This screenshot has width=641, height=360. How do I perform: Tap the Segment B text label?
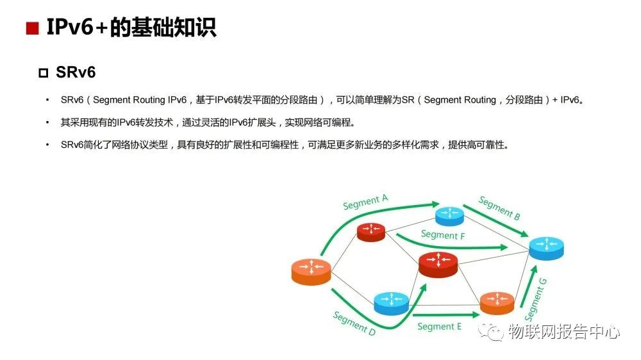(x=499, y=208)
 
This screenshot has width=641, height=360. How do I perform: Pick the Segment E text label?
(x=439, y=327)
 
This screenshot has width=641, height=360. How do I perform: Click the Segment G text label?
(x=536, y=300)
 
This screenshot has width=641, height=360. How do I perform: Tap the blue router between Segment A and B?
(x=449, y=215)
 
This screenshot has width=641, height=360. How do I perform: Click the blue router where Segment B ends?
(x=546, y=247)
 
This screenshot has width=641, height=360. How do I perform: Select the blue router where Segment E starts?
(x=391, y=302)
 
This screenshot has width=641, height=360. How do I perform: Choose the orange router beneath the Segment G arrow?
(x=497, y=302)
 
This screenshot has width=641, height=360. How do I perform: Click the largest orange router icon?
(x=311, y=272)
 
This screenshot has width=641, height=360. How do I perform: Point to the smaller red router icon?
(x=370, y=231)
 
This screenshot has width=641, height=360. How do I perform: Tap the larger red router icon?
(x=438, y=263)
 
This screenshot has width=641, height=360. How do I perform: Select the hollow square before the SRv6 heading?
(x=44, y=73)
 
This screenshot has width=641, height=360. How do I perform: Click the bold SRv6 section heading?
(x=76, y=72)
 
